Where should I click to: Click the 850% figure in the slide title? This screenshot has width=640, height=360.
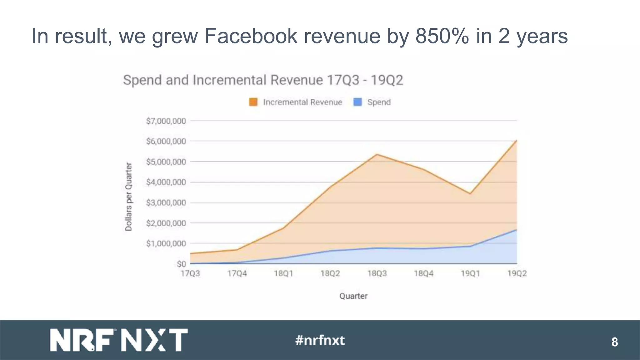pos(442,36)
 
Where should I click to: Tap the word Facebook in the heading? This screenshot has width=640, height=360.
pos(251,36)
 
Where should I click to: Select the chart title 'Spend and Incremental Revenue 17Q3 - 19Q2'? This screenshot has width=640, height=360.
pos(263,80)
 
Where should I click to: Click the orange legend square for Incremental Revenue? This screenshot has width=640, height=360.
pos(253,102)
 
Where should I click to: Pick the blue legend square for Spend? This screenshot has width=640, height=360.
pos(357,102)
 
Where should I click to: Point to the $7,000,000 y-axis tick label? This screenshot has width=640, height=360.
pos(166,121)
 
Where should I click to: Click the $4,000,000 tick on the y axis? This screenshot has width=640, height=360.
pos(166,182)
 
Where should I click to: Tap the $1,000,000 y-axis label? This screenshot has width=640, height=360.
pos(166,243)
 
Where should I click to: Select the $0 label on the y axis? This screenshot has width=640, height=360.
pos(181,264)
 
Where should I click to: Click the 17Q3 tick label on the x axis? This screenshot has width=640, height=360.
pos(190,274)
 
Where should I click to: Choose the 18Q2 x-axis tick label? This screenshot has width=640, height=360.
pos(330,274)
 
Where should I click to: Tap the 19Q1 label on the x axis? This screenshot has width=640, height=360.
pos(470,274)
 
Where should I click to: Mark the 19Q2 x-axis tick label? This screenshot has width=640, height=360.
pos(517,274)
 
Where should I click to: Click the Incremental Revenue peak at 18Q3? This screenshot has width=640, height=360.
pos(377,154)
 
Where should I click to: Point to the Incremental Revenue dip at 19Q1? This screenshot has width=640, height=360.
pos(470,193)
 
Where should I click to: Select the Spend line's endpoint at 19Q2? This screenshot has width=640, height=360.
pos(517,230)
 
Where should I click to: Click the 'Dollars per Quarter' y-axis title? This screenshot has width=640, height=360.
pos(128,197)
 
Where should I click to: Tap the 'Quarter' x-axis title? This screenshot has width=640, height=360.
pos(353,296)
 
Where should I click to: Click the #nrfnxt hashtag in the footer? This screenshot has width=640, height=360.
pos(320,340)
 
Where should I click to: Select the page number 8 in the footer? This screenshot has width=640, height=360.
pos(614,342)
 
